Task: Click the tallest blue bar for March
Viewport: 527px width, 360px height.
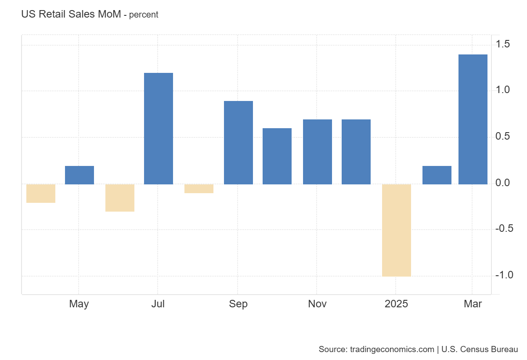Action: tap(473, 119)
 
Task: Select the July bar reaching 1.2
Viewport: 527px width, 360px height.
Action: tap(159, 128)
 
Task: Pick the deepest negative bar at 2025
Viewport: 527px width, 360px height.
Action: tap(397, 230)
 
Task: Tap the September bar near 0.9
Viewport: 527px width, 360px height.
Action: tap(238, 143)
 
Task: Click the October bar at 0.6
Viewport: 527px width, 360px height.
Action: tap(277, 156)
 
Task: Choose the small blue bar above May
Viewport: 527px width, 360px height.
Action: tap(79, 175)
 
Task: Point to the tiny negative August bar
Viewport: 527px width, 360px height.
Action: tap(199, 189)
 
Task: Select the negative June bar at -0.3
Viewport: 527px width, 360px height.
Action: tap(120, 198)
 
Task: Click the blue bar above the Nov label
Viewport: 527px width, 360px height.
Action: tap(318, 151)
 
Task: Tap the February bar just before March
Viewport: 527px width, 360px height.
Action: tap(437, 175)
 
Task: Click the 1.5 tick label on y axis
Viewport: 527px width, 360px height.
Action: tap(503, 44)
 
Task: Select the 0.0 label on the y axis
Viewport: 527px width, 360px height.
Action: tap(503, 183)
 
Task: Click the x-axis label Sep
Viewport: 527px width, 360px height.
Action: tap(238, 304)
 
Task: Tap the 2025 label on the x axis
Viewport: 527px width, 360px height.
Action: tap(396, 304)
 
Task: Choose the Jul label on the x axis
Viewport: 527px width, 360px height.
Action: tap(158, 304)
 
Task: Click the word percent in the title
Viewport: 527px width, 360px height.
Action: tap(144, 14)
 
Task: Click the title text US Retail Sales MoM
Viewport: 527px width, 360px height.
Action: tap(71, 14)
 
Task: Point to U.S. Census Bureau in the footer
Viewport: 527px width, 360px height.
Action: tap(480, 349)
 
